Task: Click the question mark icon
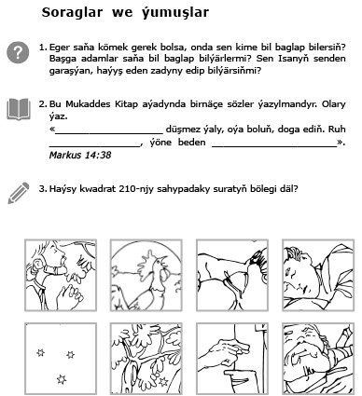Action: [x=18, y=52]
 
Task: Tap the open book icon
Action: [x=19, y=109]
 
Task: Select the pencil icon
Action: [x=19, y=193]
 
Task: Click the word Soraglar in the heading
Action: [x=72, y=12]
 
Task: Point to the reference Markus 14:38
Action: [x=80, y=155]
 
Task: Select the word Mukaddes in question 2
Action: [x=88, y=103]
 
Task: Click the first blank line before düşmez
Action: [x=109, y=133]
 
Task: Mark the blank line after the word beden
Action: [x=274, y=145]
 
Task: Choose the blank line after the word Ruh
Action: [x=94, y=145]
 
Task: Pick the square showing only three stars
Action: [x=61, y=359]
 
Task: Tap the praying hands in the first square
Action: [x=70, y=295]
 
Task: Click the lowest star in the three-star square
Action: [x=62, y=379]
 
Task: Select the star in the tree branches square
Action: [x=163, y=382]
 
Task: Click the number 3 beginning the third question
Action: [x=42, y=189]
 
